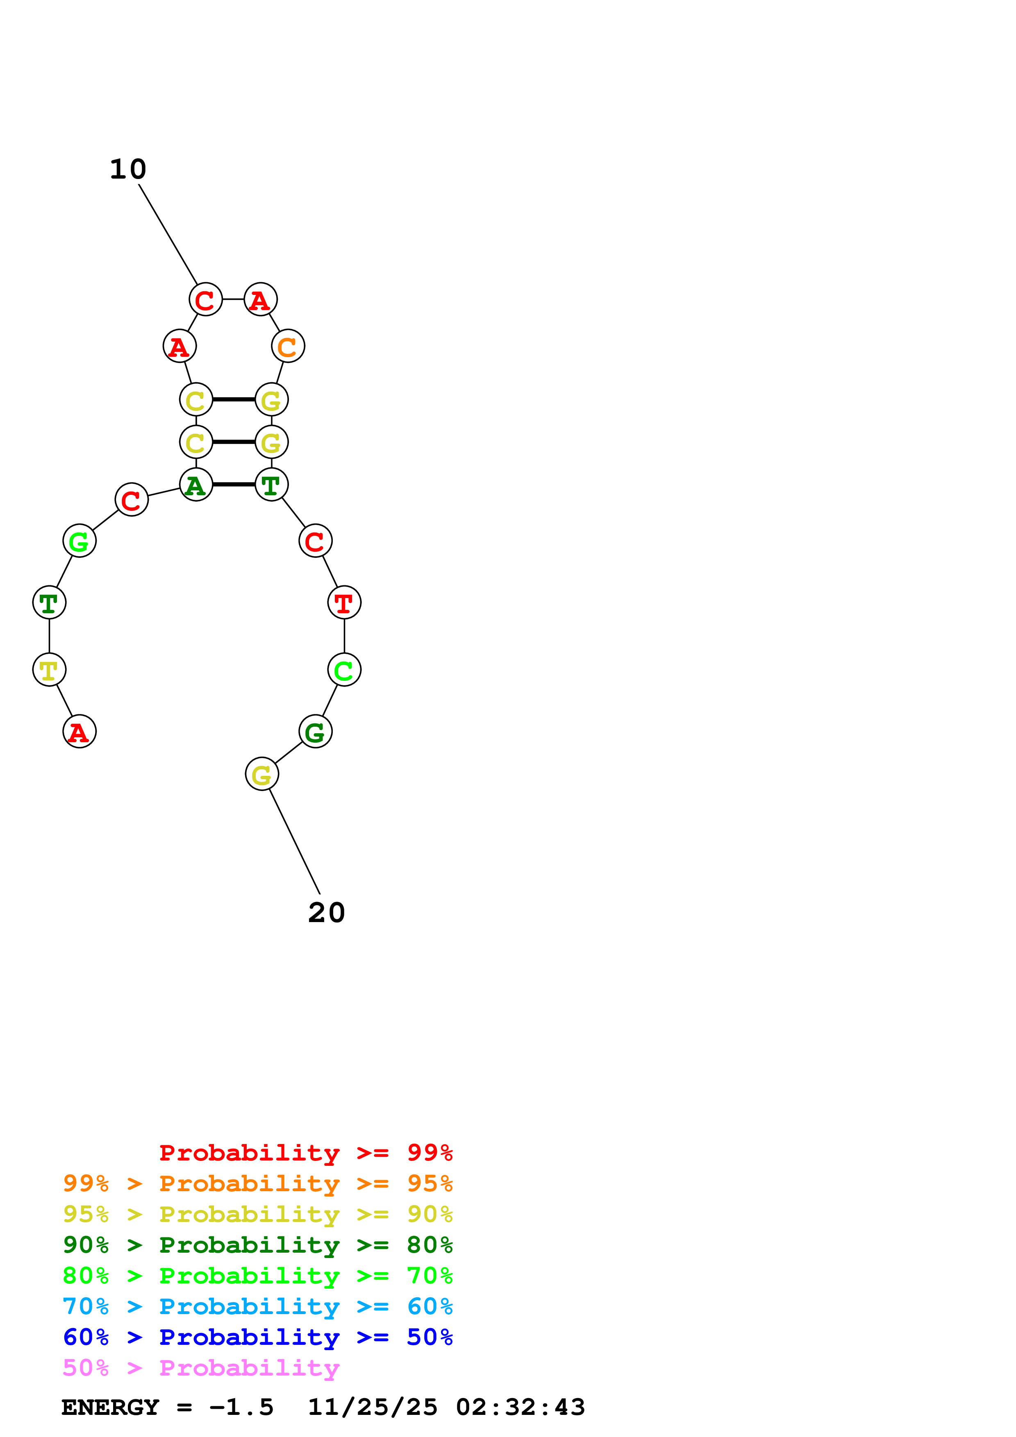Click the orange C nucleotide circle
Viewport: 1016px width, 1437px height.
pos(288,346)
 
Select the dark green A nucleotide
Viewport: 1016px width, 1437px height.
pos(196,485)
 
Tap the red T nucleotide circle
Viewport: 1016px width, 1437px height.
pos(344,603)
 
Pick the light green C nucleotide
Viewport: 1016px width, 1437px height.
pos(344,670)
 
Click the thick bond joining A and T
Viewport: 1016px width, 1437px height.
pos(234,485)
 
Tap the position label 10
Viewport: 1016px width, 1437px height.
pos(128,170)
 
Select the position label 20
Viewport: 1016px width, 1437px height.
pos(326,913)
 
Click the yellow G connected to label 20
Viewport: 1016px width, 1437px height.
pos(261,774)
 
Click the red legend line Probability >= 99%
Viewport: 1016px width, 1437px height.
pos(305,1152)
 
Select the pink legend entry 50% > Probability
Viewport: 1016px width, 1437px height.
pos(201,1367)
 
